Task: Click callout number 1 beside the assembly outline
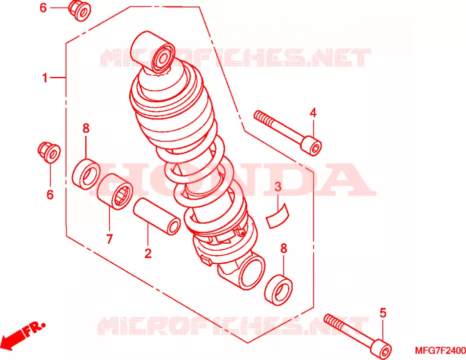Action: (45, 78)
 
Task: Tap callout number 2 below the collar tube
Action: (148, 253)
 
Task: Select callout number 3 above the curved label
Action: (278, 187)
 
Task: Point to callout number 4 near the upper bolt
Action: (313, 113)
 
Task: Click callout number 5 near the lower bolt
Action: (383, 313)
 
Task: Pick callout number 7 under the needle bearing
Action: (109, 239)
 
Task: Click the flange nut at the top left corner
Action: (80, 11)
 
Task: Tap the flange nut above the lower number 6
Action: (49, 152)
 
